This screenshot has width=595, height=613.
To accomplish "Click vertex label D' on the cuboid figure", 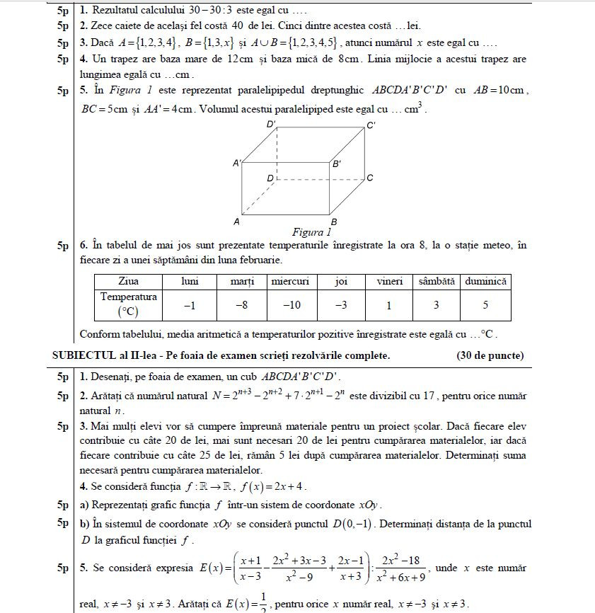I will pos(271,124).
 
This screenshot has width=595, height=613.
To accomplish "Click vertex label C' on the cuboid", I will pos(371,125).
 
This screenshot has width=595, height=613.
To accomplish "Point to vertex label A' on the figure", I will pos(237,163).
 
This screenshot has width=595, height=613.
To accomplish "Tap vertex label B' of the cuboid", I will pos(337,164).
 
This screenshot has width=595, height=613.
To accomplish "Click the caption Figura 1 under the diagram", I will pos(311,232).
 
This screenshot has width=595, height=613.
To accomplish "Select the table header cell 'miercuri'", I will pos(291,281).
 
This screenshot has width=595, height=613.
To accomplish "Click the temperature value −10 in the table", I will pos(291,305).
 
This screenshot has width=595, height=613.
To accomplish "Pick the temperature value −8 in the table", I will pos(241,305).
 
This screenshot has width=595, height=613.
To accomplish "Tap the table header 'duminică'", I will pos(485,281).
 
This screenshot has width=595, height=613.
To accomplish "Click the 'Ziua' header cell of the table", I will pos(128,281).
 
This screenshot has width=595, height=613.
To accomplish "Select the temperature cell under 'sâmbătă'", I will pos(436,305).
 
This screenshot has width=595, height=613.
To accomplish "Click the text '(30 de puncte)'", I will pos(490,355).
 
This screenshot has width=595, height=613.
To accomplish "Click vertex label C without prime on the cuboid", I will pos(369,178).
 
